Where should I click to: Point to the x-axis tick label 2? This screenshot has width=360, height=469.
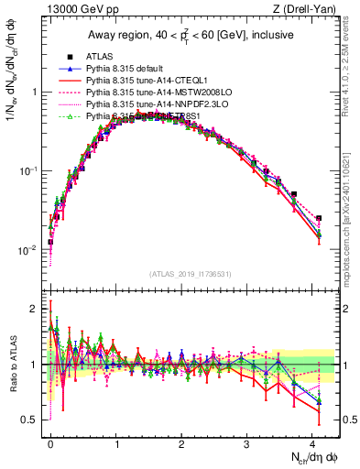click(x=181, y=442)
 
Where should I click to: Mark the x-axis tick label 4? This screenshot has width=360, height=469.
click(x=312, y=442)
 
